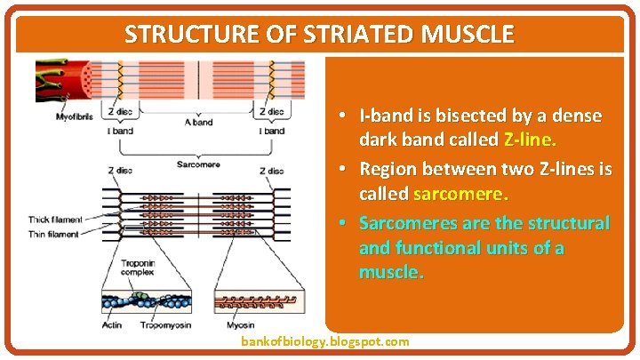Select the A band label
click(197, 123)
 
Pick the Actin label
click(111, 325)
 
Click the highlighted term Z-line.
click(530, 140)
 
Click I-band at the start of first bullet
click(385, 116)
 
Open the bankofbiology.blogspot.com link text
click(325, 341)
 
